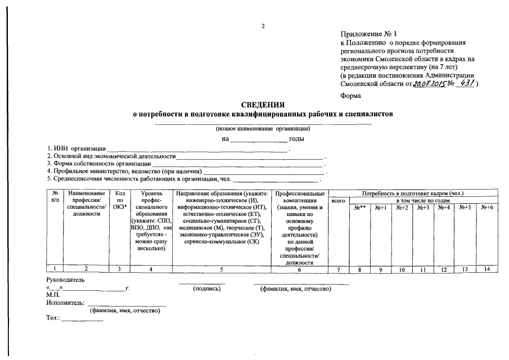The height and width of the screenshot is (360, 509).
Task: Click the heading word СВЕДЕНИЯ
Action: click(x=263, y=105)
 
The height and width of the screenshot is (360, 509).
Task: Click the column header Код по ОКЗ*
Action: click(x=119, y=200)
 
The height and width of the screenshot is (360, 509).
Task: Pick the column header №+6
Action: click(x=487, y=208)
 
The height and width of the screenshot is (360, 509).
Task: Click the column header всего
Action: click(x=339, y=200)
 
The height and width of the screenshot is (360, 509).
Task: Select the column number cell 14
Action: click(x=487, y=270)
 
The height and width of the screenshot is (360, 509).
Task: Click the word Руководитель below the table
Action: click(x=65, y=279)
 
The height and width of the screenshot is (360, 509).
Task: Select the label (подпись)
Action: click(x=206, y=289)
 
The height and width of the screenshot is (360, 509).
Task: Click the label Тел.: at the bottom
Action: click(x=53, y=318)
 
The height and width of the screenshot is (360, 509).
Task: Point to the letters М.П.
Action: click(x=54, y=295)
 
